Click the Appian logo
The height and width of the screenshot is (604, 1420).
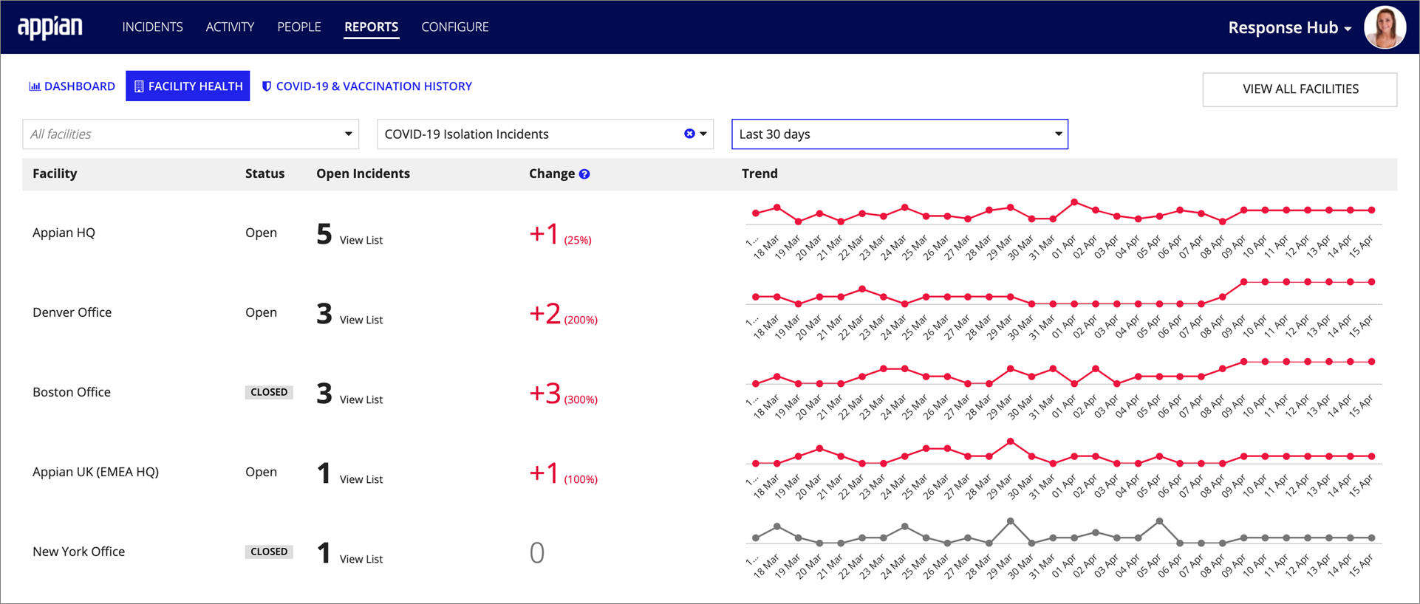[x=50, y=27]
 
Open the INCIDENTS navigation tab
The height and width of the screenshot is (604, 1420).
[x=152, y=27]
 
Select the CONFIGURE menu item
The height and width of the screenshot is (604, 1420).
[x=454, y=27]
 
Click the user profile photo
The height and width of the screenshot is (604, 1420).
[x=1384, y=27]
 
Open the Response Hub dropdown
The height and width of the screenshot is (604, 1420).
[x=1289, y=28]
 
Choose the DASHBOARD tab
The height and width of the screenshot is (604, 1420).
[x=72, y=86]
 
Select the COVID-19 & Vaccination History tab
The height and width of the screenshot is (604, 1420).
[x=367, y=86]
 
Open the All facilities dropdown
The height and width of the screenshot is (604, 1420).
[x=191, y=134]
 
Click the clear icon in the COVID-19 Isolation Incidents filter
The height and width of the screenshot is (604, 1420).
[x=689, y=134]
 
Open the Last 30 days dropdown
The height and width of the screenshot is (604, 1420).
[x=899, y=134]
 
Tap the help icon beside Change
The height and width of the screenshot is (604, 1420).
[x=584, y=174]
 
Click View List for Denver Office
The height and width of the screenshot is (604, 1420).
[x=361, y=320]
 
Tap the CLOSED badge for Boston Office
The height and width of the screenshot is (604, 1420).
[x=269, y=392]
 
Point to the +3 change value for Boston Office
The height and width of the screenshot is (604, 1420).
[x=545, y=393]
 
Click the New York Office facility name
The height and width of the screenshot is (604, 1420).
[x=78, y=552]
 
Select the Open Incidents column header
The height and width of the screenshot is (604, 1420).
[x=363, y=174]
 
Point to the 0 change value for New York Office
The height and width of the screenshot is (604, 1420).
[x=537, y=552]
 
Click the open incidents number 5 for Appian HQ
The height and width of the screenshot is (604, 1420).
[x=324, y=234]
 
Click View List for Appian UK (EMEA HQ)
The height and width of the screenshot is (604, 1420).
[x=361, y=479]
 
